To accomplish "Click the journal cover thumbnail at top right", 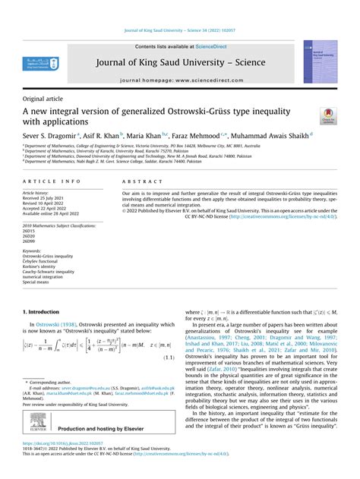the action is click(320, 61).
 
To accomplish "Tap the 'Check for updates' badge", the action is click(327, 115).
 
